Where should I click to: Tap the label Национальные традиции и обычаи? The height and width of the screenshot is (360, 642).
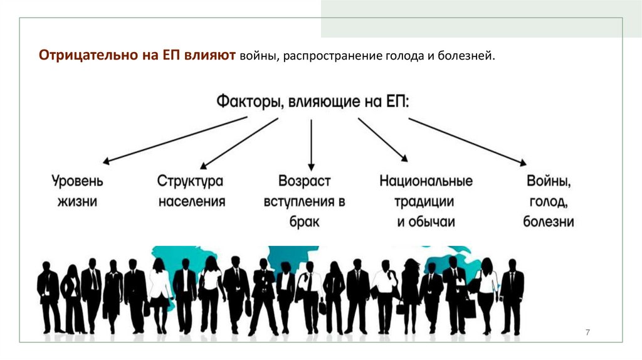tap(426, 201)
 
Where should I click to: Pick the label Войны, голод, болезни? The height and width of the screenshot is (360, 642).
tap(549, 201)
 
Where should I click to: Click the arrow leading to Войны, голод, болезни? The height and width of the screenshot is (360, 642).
tap(467, 141)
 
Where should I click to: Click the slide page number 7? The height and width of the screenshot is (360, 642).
tap(587, 332)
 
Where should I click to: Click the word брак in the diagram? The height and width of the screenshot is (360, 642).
tap(305, 221)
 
